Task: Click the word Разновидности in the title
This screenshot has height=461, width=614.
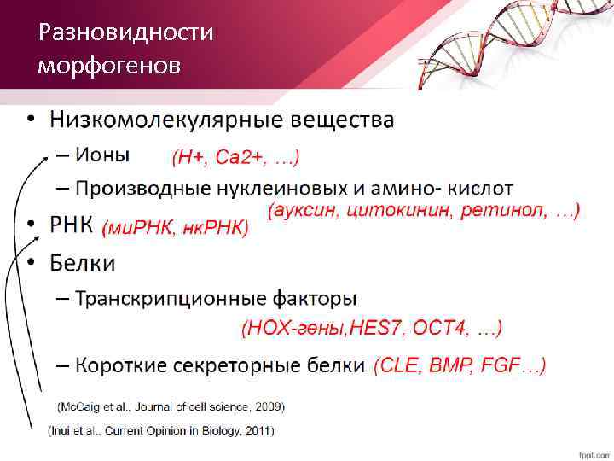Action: [x=126, y=33]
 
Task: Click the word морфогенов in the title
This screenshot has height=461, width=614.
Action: [x=109, y=65]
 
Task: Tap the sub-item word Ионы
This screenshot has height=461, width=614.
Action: [x=102, y=155]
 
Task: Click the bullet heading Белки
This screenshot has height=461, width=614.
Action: [x=83, y=262]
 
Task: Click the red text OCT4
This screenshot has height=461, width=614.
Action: [x=440, y=327]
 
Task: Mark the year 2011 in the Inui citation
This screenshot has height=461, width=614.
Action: [x=258, y=430]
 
